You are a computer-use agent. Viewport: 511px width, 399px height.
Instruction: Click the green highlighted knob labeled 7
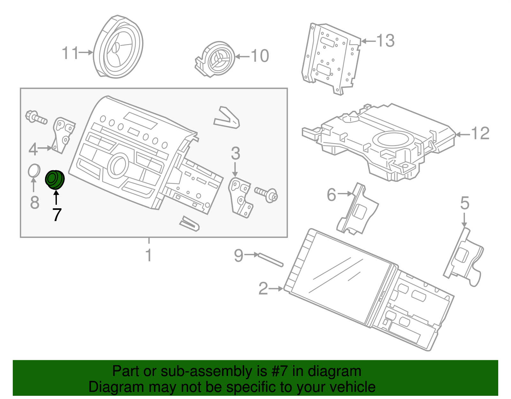[x=55, y=180]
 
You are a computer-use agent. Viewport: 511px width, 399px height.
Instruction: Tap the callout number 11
[x=70, y=53]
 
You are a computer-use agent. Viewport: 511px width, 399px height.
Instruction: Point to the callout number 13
[x=385, y=41]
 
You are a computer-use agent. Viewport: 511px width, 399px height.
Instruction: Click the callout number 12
[x=480, y=133]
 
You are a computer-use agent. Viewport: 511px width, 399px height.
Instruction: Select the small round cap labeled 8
[x=34, y=171]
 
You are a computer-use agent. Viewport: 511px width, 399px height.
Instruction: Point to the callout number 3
[x=235, y=154]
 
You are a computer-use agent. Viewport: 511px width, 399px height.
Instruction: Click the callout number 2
[x=263, y=288]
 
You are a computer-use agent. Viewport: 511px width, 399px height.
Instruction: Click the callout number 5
[x=465, y=203]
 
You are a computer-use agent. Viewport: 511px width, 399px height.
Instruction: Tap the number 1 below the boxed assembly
[x=149, y=255]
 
